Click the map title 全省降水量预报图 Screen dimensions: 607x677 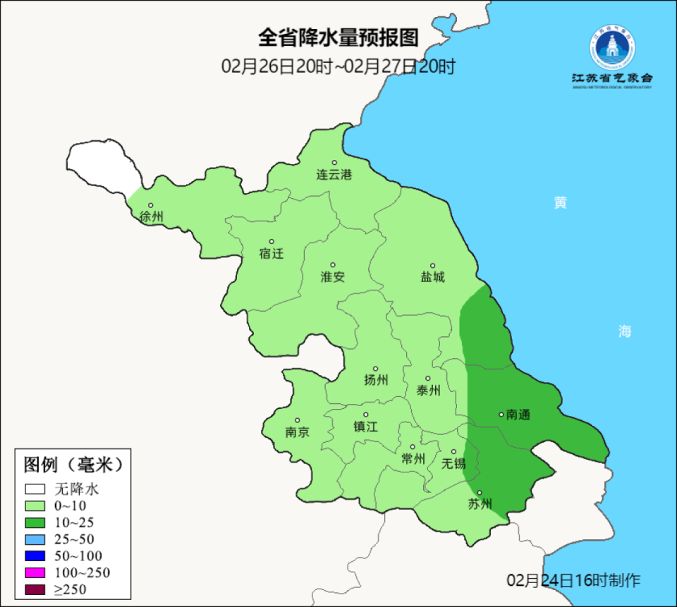[x=338, y=37]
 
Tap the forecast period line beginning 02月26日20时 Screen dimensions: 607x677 [x=338, y=67]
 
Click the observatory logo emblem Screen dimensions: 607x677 [x=611, y=47]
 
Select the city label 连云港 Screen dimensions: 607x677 [x=334, y=175]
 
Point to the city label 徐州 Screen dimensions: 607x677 [x=151, y=216]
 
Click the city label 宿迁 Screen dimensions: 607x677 [x=272, y=253]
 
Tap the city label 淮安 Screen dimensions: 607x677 [x=333, y=277]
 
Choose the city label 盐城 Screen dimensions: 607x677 [x=433, y=277]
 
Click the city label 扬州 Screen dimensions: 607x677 [x=376, y=380]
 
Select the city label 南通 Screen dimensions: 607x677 [x=518, y=415]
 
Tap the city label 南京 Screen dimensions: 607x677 [x=298, y=432]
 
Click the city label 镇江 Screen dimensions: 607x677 [x=366, y=427]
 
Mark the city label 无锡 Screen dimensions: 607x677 [x=454, y=464]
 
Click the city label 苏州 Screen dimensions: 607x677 [x=480, y=504]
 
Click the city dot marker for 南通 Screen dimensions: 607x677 [x=501, y=415]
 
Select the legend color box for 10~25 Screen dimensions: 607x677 [x=35, y=522]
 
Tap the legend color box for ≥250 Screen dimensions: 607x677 [x=35, y=589]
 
